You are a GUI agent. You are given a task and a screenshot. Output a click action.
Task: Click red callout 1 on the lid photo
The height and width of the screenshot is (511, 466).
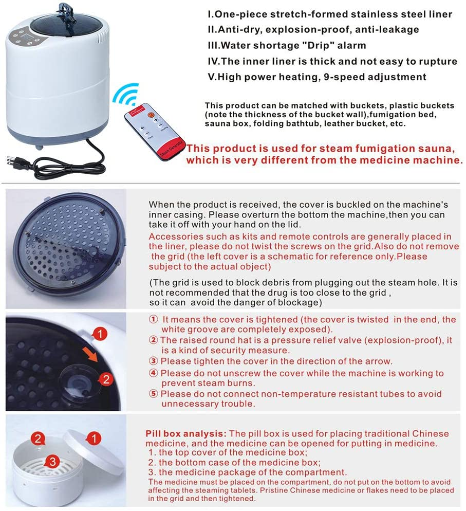tap(101, 334)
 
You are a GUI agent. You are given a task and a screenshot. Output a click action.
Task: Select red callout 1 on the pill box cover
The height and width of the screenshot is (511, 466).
tap(94, 439)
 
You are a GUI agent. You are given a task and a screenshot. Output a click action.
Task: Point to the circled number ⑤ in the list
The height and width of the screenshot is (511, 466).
tap(153, 394)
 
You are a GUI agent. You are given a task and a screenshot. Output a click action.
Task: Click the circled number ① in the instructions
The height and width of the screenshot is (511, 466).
tap(153, 320)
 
